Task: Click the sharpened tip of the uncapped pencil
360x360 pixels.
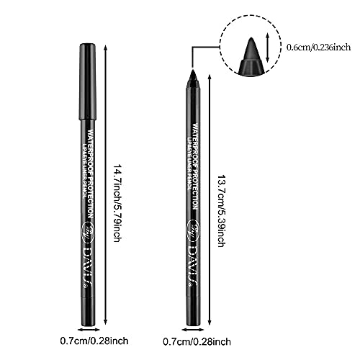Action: point(193,74)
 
